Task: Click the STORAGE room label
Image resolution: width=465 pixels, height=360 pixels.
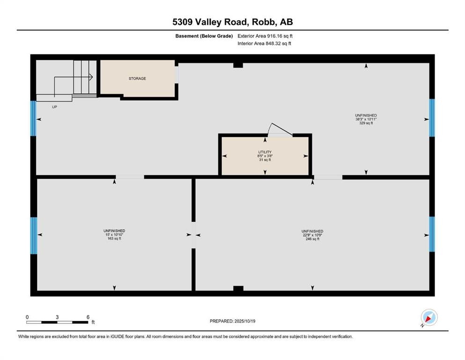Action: click(137, 78)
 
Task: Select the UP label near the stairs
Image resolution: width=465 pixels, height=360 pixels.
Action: click(55, 106)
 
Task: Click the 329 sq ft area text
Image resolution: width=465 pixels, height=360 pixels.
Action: click(366, 123)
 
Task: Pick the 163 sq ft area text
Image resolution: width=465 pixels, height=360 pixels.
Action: click(114, 239)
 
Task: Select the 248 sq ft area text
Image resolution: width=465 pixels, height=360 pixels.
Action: click(312, 239)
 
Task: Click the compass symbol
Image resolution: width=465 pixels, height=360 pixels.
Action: click(429, 317)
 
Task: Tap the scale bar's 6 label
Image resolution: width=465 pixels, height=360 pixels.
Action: click(88, 317)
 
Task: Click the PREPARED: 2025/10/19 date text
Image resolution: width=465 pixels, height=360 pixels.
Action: click(232, 321)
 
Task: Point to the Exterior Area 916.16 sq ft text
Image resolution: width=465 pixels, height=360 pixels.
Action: click(265, 36)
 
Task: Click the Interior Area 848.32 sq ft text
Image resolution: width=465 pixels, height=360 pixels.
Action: click(265, 44)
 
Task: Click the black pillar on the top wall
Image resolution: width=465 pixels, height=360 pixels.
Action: click(238, 65)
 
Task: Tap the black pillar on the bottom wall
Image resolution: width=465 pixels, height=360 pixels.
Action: click(238, 288)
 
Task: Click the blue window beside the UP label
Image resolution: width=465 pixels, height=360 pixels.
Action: click(33, 118)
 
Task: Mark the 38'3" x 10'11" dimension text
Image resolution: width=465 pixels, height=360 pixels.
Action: click(366, 119)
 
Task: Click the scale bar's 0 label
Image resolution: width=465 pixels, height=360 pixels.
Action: click(27, 317)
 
